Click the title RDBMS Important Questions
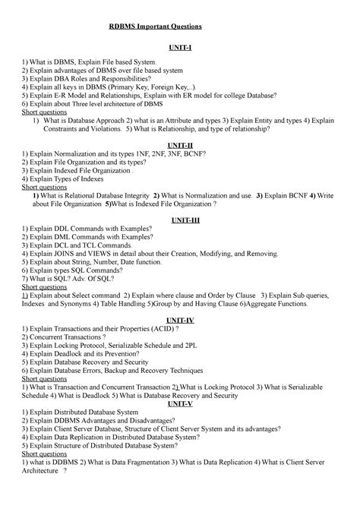click(x=151, y=27)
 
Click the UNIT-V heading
click(x=181, y=404)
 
